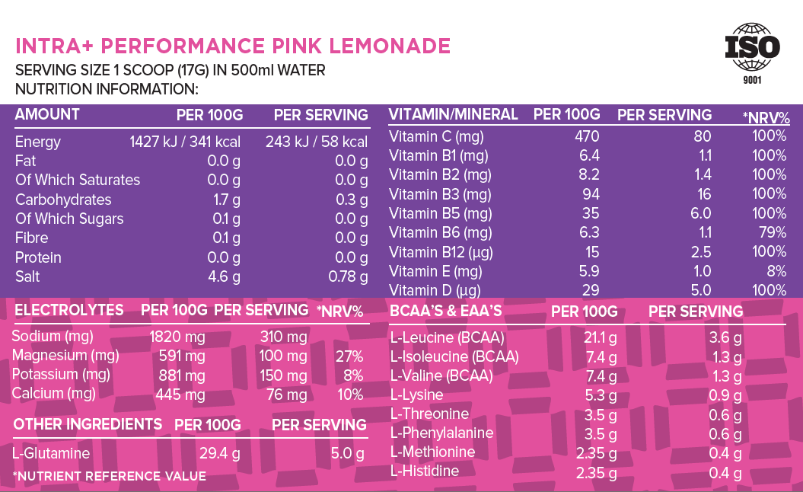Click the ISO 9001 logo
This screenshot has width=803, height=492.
pyautogui.click(x=752, y=53)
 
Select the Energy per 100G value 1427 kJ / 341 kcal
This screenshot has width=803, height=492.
pyautogui.click(x=185, y=142)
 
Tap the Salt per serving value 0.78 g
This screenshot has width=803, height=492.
pyautogui.click(x=348, y=277)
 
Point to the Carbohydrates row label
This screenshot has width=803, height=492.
pyautogui.click(x=63, y=200)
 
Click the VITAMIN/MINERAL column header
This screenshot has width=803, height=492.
pyautogui.click(x=453, y=115)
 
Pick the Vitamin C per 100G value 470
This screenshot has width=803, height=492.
pyautogui.click(x=587, y=136)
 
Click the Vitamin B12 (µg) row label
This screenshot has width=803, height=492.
pyautogui.click(x=439, y=252)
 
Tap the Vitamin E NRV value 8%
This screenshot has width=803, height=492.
pyautogui.click(x=776, y=271)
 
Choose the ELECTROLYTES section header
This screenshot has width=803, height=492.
pyautogui.click(x=69, y=310)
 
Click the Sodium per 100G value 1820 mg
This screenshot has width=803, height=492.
pyautogui.click(x=177, y=337)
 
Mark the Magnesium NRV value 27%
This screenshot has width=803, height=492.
pyautogui.click(x=349, y=356)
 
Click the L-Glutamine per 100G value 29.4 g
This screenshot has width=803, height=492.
pyautogui.click(x=219, y=454)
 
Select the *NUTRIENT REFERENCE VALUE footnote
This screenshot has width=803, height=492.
pyautogui.click(x=109, y=477)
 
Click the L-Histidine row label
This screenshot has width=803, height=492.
pyautogui.click(x=424, y=471)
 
